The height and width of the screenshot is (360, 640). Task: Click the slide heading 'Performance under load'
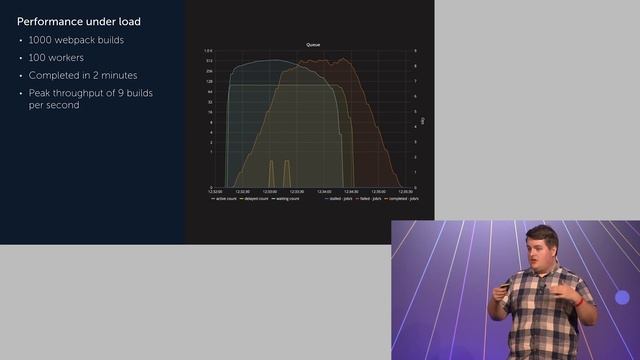click(78, 21)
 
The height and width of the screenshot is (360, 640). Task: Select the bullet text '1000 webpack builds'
click(76, 40)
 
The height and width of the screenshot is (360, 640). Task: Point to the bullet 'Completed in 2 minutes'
click(84, 75)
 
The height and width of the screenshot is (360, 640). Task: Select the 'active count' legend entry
click(224, 199)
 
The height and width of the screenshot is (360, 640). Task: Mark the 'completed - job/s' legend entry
click(404, 199)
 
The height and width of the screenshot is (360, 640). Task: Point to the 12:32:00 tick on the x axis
click(215, 191)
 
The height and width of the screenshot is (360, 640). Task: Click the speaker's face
click(541, 249)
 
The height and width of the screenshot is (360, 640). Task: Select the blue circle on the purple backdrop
click(623, 298)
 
